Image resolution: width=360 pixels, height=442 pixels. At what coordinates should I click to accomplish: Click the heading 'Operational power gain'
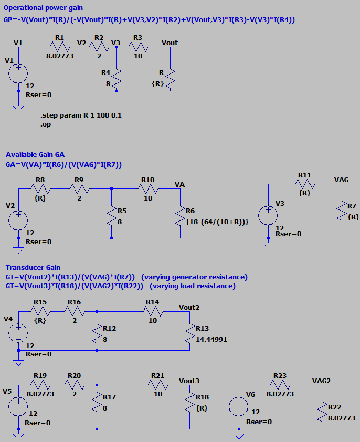point(43,8)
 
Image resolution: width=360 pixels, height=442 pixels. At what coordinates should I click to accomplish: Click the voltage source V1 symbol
point(18,73)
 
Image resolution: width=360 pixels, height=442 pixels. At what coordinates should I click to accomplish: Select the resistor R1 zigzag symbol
point(58,47)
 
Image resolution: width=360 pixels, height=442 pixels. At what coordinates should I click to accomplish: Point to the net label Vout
point(170,43)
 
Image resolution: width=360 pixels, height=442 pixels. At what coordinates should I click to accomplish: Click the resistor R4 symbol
point(117,78)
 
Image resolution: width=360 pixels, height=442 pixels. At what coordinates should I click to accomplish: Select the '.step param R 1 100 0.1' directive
point(81,115)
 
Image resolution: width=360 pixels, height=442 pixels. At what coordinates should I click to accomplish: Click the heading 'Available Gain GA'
point(35,154)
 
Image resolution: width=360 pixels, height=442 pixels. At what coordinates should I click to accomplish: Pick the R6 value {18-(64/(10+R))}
point(217,222)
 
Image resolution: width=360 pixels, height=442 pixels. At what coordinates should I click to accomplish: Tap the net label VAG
point(341,180)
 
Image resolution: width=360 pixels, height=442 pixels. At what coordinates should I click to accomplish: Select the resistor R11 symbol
point(304,184)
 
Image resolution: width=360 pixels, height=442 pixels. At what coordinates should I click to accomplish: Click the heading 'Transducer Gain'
point(33,267)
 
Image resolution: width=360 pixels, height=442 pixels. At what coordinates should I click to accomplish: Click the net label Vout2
point(189,307)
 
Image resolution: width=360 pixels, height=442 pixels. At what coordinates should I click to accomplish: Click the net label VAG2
point(321,380)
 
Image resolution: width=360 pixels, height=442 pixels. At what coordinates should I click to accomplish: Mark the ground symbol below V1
point(18,108)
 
